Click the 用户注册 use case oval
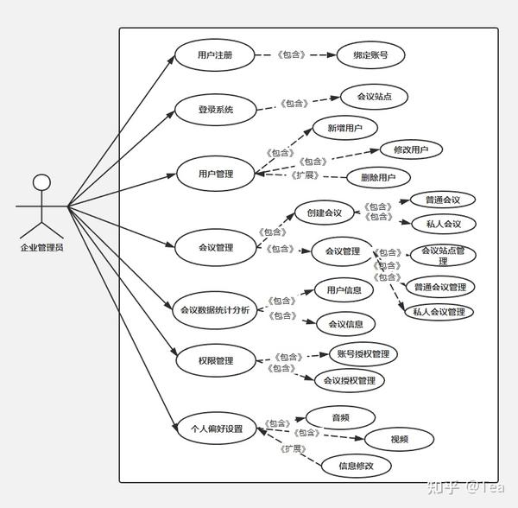coord(214,55)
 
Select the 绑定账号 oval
coord(370,55)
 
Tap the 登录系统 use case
coord(215,110)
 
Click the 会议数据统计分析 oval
coord(215,309)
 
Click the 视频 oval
coord(399,439)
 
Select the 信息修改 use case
coord(355,466)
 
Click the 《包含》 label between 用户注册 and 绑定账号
coord(291,55)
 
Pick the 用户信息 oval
coord(344,289)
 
